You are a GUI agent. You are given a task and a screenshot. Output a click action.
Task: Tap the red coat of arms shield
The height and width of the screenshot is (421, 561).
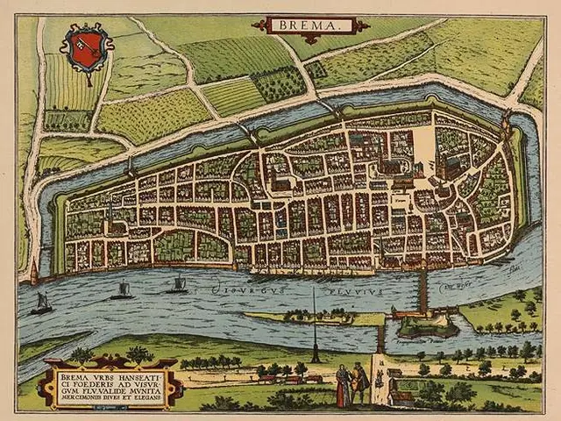coord(87,51)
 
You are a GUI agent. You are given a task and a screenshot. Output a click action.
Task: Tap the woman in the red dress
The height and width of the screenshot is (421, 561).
coord(342,387)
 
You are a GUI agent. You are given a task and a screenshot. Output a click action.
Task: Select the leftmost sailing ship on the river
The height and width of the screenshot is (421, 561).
coord(41,303)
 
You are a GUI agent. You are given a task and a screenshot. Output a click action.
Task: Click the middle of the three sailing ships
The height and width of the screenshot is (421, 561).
coord(124,290)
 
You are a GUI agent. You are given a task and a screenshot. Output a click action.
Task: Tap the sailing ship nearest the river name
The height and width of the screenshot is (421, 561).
coord(179,284)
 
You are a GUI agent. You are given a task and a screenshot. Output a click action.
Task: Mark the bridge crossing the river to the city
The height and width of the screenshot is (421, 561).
coord(423,289)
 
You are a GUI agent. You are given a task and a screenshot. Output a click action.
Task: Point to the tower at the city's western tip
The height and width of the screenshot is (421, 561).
coord(34,274)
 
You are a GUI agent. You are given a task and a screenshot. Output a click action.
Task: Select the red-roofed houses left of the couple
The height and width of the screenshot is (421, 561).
coord(289,379)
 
